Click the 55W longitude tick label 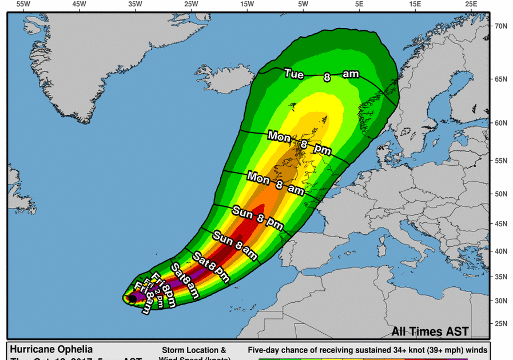point(23,5)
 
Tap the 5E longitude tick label point(359,5)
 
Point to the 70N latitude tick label point(501,26)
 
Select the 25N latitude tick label point(501,323)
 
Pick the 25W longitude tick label point(191,5)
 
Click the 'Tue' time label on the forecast point(294,74)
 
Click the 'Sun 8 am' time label point(234,243)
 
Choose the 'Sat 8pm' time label point(210,267)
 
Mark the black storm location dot point(132,298)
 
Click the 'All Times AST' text point(430,331)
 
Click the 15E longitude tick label point(415,5)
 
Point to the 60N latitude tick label point(501,123)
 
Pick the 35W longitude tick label point(135,5)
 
